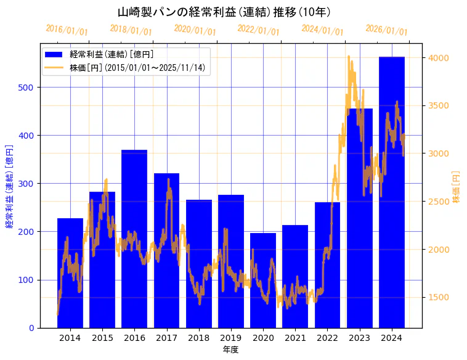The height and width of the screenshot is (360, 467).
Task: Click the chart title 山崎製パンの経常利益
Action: [x=224, y=12]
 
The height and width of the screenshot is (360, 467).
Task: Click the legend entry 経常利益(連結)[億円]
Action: [x=112, y=55]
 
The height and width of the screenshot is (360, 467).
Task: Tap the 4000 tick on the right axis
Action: [x=438, y=58]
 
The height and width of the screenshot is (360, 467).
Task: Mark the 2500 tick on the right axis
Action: [x=438, y=202]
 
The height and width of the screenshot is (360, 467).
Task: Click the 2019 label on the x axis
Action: [x=231, y=338]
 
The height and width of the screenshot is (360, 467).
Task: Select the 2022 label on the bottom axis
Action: [x=328, y=338]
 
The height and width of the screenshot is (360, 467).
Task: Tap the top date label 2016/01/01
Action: [x=67, y=30]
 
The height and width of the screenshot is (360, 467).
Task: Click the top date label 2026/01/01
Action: [x=386, y=30]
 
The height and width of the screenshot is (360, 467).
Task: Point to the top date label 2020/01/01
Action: [x=195, y=30]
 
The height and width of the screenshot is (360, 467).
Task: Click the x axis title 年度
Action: [x=230, y=350]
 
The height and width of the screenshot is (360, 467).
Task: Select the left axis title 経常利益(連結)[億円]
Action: [x=10, y=186]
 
